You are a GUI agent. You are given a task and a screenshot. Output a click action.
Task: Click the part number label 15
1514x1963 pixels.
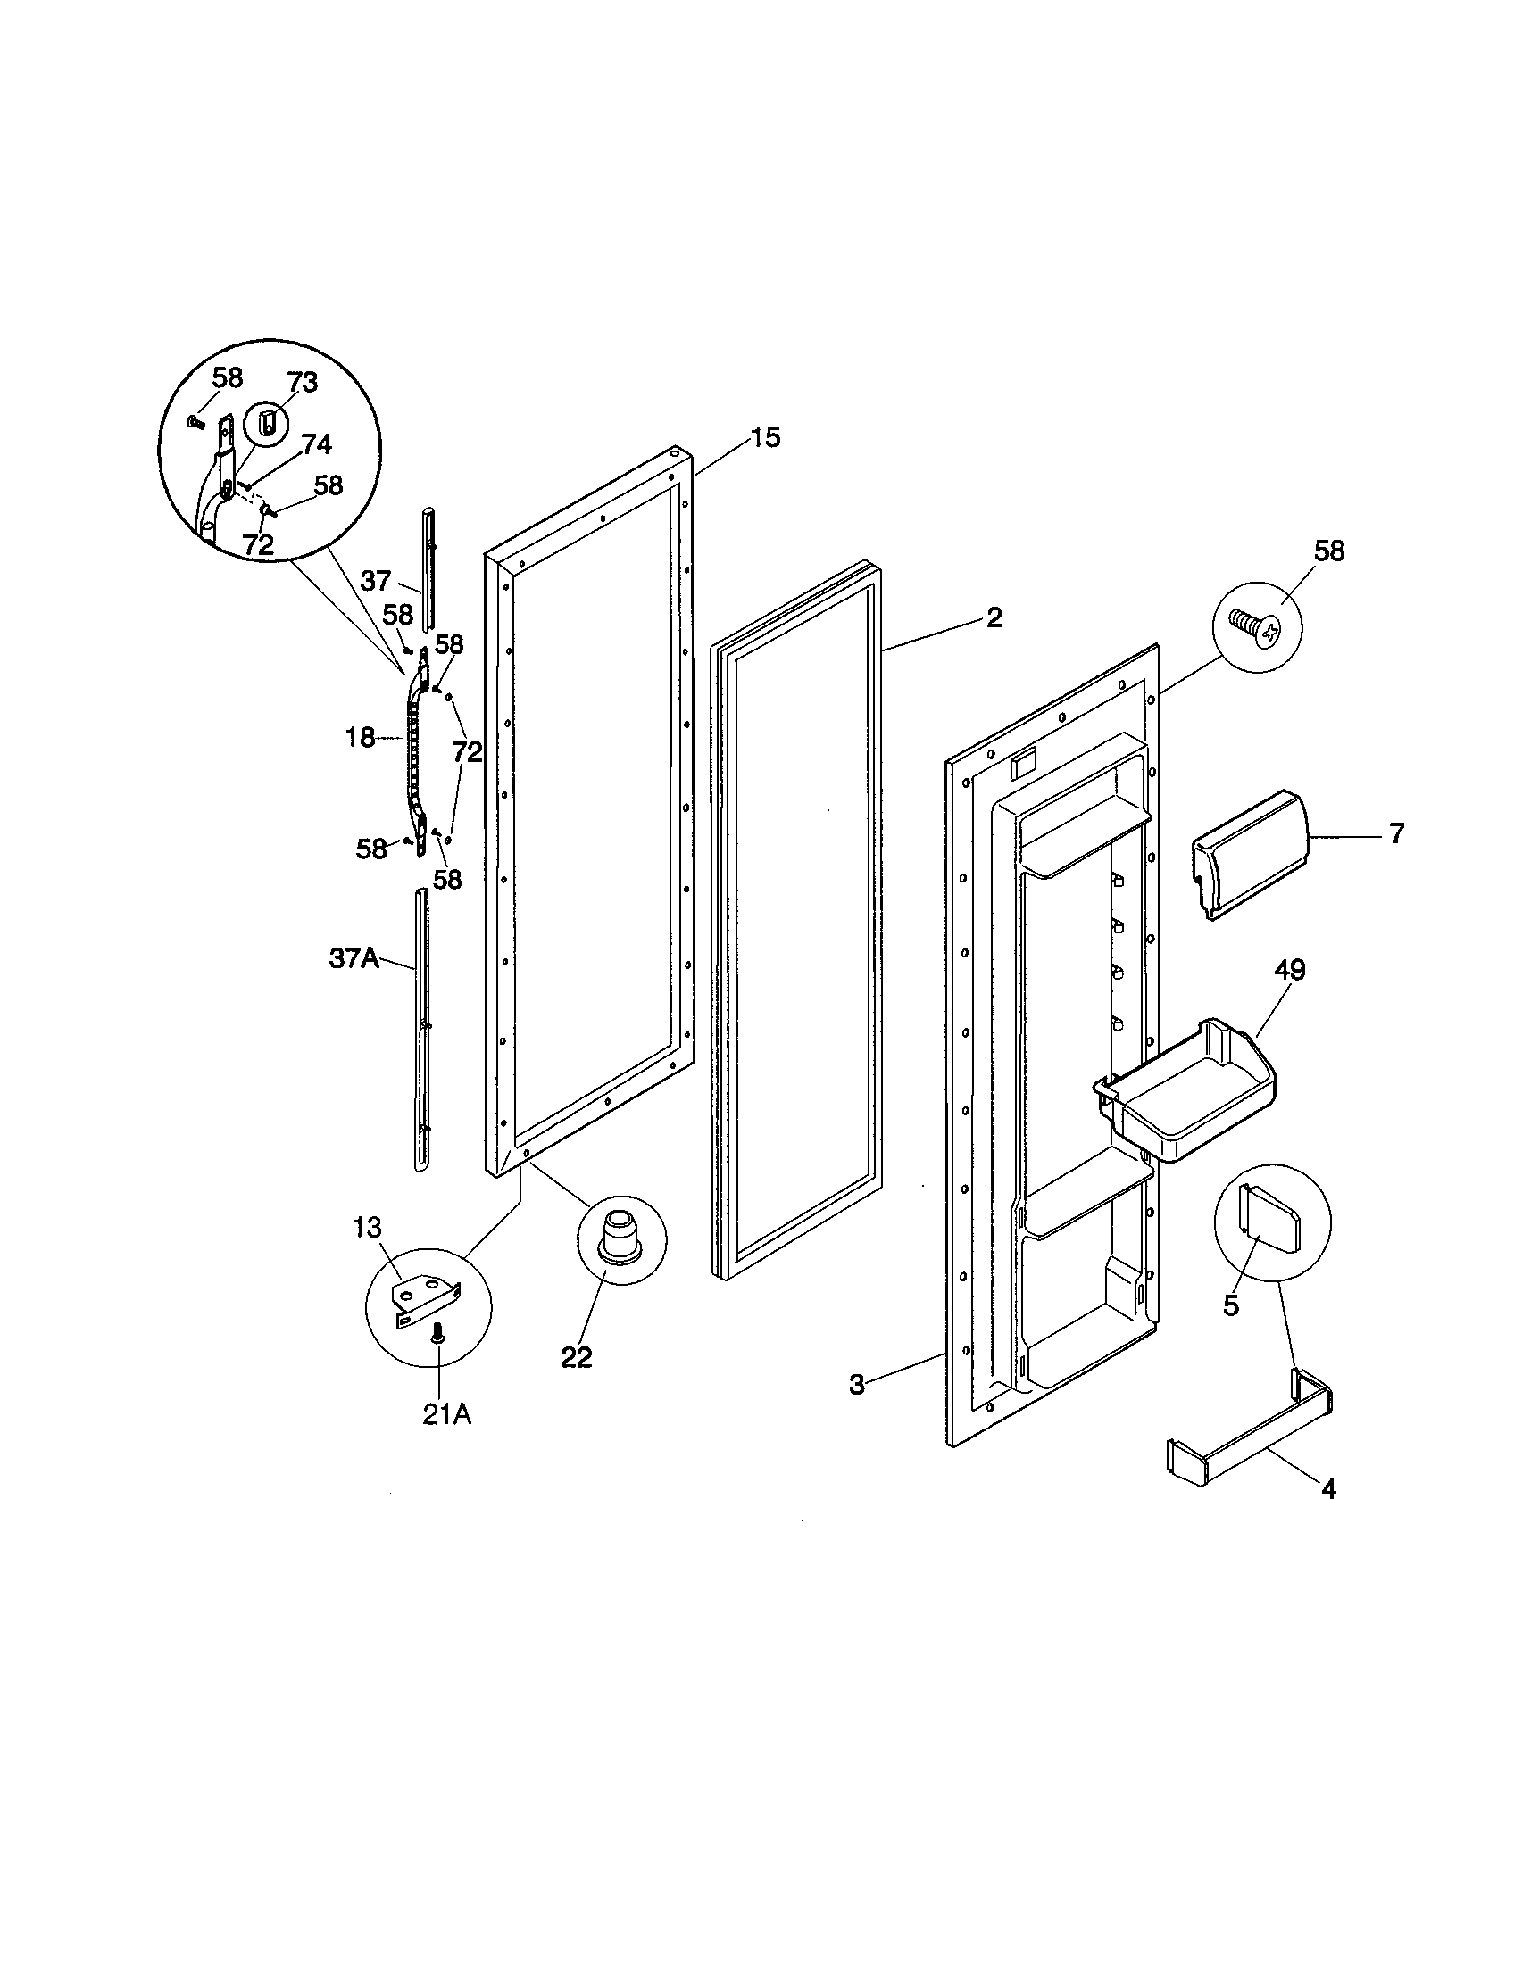[x=766, y=438]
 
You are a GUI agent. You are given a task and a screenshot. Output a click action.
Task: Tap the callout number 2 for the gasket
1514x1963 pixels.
[x=994, y=617]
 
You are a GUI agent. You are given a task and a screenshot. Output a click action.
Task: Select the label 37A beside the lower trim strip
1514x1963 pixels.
[x=354, y=958]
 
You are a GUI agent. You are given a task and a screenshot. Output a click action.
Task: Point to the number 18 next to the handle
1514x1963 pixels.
[x=360, y=738]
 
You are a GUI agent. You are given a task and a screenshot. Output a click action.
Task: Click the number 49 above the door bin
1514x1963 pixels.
[x=1289, y=970]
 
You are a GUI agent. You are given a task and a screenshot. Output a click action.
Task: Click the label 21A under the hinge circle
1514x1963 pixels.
[x=447, y=1415]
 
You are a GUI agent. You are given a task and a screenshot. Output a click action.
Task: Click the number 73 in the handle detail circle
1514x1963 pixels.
[x=302, y=382]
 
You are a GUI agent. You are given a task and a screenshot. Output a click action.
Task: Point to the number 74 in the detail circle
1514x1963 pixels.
[x=316, y=444]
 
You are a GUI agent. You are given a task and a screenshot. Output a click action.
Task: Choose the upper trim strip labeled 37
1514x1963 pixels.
[x=428, y=568]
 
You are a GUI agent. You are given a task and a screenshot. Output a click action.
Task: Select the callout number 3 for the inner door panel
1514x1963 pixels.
[x=857, y=1385]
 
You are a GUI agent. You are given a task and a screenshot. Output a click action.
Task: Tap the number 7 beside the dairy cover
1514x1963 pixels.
[x=1396, y=833]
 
